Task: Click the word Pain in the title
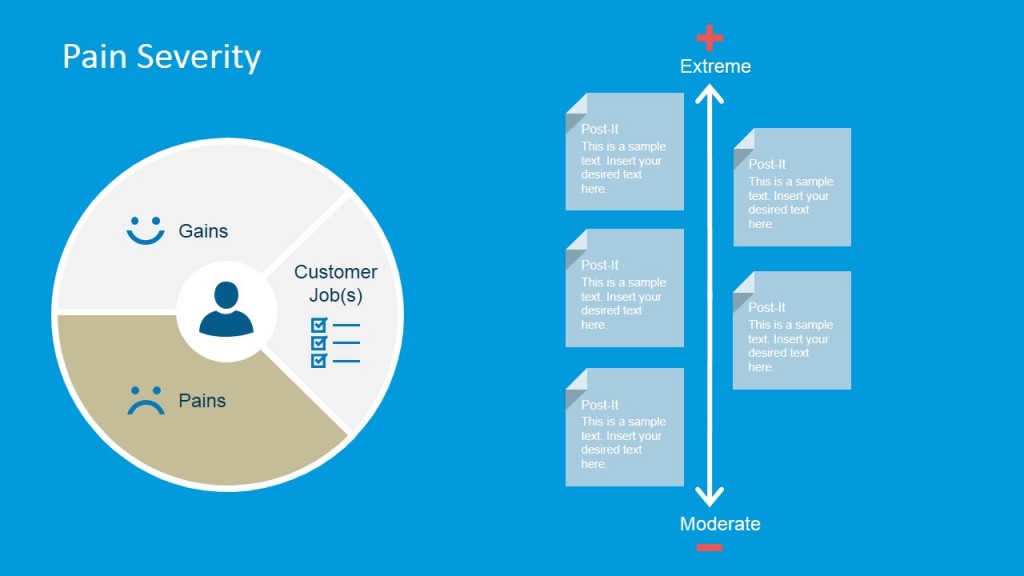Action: point(95,56)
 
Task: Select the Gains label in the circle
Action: point(203,231)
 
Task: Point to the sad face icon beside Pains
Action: point(145,400)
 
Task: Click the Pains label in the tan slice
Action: point(202,401)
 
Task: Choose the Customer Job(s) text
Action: point(335,283)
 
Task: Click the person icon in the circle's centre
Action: point(226,308)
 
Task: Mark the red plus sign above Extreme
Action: point(709,38)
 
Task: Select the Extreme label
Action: point(715,67)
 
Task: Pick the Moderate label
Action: point(720,524)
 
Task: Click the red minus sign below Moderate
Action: point(709,547)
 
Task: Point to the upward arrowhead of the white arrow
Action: point(709,93)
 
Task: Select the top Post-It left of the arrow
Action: point(624,152)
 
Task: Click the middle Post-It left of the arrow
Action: point(624,288)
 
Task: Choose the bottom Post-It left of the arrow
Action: point(624,427)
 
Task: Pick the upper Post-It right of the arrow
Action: point(792,187)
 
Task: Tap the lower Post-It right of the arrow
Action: point(792,330)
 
